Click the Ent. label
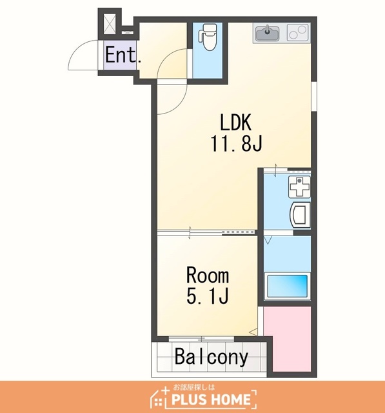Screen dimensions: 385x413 (123, 55)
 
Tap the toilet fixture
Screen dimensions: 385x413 (208, 37)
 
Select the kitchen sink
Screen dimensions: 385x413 (267, 33)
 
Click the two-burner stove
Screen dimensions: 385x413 (298, 33)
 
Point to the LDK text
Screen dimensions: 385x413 (235, 123)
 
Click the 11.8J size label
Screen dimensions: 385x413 (236, 143)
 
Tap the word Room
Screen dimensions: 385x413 (208, 276)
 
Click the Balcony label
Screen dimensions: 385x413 (212, 357)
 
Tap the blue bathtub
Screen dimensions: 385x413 (287, 286)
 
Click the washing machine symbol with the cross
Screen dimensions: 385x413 (299, 186)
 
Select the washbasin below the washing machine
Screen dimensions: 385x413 (300, 215)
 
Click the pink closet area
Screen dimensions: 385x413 (288, 338)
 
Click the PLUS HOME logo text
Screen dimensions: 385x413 (211, 399)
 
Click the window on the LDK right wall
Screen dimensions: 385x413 (314, 96)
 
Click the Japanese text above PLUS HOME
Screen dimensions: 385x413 (194, 387)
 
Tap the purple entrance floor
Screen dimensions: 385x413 (120, 55)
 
